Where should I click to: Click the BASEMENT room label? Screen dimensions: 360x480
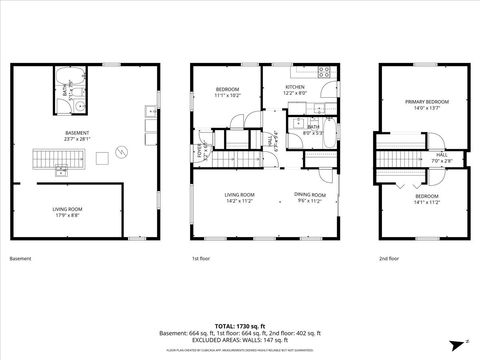pyautogui.click(x=78, y=133)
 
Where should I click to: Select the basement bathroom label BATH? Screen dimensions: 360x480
pyautogui.click(x=65, y=89)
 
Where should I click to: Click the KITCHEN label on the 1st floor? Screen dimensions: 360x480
pyautogui.click(x=295, y=87)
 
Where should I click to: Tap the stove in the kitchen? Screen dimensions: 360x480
pyautogui.click(x=323, y=71)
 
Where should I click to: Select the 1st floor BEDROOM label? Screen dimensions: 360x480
pyautogui.click(x=227, y=90)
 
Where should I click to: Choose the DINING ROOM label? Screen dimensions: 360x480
pyautogui.click(x=310, y=194)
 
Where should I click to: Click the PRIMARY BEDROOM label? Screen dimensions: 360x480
pyautogui.click(x=427, y=102)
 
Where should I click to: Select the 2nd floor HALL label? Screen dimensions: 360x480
pyautogui.click(x=441, y=155)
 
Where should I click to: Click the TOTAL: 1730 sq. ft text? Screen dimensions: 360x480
pyautogui.click(x=240, y=324)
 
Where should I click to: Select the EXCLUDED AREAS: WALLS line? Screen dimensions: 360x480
pyautogui.click(x=240, y=341)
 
